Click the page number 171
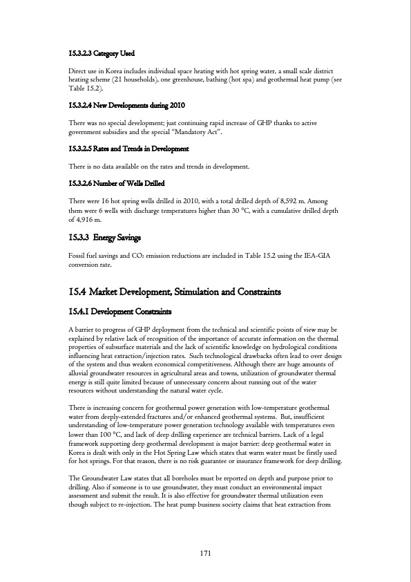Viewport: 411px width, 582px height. pos(205,554)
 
